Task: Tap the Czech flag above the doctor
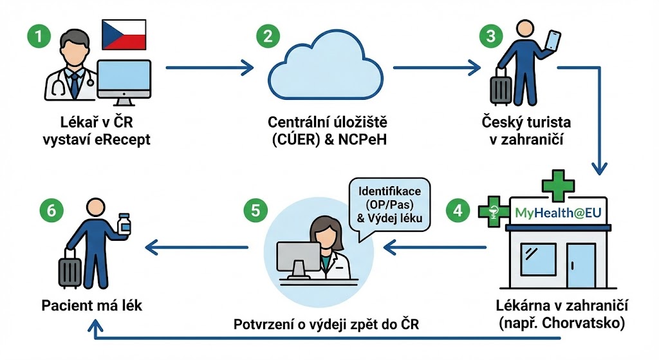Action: [x=124, y=35]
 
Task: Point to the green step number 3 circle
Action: [x=491, y=36]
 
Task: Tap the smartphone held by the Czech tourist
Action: [x=553, y=39]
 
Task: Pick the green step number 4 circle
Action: [x=458, y=211]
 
